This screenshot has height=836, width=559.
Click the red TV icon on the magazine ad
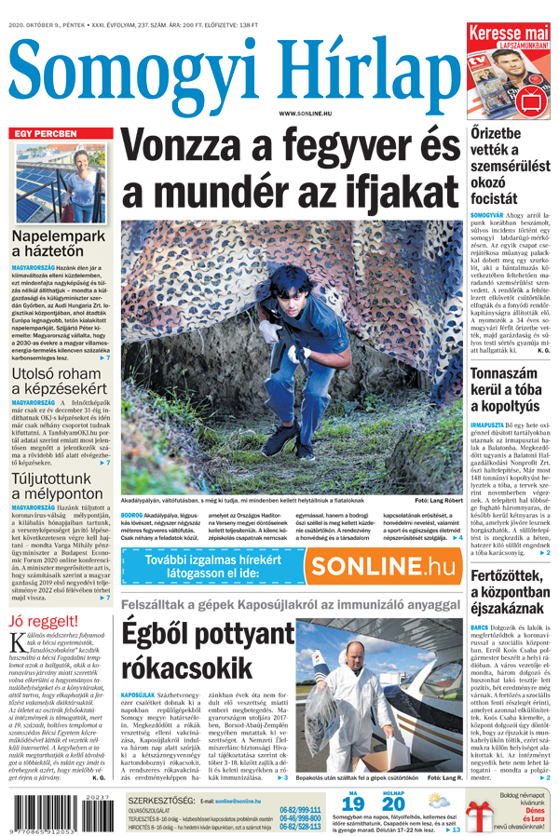coord(533,99)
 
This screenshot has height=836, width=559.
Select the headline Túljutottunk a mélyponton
coord(59,486)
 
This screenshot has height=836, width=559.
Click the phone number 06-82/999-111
coord(300,809)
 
